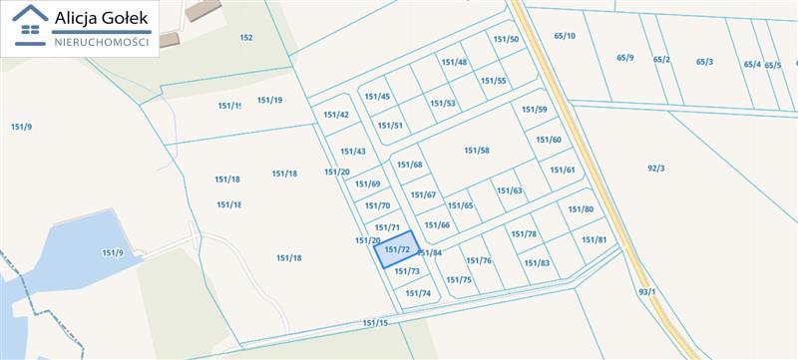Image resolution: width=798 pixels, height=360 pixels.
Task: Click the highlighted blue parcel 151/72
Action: coord(396,249)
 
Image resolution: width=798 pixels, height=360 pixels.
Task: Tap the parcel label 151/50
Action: coord(506,39)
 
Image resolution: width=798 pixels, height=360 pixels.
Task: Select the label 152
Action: coord(246,38)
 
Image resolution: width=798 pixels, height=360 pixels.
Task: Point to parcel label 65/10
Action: coord(565,36)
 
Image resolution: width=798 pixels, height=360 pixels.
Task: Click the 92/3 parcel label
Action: coord(655,168)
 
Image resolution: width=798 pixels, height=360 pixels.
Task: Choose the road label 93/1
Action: coord(647,292)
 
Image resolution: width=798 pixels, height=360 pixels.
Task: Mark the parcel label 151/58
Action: coord(477,151)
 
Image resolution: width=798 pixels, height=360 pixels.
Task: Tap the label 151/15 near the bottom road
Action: coord(375,323)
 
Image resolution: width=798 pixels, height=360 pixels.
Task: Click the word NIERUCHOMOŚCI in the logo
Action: coord(102,42)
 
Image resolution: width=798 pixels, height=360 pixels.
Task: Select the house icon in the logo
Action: coord(31,27)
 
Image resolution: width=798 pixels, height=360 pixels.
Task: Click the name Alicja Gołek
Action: coord(102,18)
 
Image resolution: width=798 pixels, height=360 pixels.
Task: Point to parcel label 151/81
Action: coord(595,240)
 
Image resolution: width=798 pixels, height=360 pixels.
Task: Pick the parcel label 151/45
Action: coord(377,97)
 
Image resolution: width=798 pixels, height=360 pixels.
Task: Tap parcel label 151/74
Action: coord(418,293)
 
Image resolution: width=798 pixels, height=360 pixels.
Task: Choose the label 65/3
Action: coord(704,62)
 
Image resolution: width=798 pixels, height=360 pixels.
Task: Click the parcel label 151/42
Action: coord(336,115)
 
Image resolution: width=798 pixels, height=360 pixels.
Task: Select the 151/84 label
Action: coord(429,253)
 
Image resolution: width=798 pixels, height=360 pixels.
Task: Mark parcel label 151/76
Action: coord(480,260)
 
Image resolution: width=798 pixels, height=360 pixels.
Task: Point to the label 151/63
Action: coord(510,190)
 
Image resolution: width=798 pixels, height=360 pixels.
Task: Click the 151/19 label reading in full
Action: coord(269,100)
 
